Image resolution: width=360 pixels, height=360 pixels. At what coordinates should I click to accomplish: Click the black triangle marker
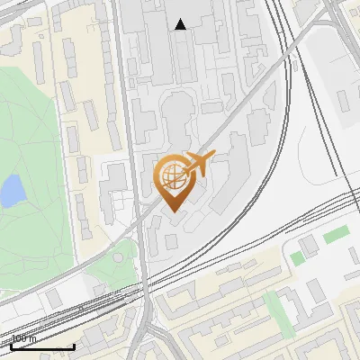pos(181,24)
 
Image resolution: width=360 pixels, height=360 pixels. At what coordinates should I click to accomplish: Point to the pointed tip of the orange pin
pos(172,211)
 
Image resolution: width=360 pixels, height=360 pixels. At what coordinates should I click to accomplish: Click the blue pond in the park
pos(12,191)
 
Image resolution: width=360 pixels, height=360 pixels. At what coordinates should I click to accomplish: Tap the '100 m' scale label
pos(24,339)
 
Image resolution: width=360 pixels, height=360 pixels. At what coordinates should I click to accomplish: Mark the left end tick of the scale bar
pos(10,346)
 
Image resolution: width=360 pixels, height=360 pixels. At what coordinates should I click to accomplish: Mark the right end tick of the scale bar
pos(74,346)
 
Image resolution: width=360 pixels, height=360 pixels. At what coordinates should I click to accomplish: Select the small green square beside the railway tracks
pos(297,258)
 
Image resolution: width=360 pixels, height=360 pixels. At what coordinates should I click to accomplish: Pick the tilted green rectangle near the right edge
pos(336,235)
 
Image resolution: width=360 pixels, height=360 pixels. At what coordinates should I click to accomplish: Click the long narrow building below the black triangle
pos(184,54)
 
